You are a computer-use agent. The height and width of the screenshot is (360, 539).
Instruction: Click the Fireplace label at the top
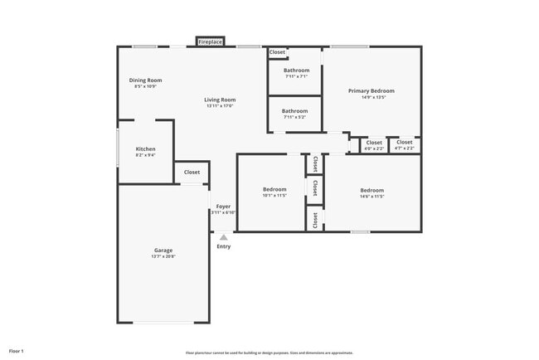click(210, 41)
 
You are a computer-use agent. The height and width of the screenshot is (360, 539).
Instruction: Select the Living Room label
click(221, 100)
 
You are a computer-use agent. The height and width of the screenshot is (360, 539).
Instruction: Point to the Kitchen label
click(145, 149)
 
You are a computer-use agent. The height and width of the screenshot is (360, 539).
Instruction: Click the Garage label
click(163, 251)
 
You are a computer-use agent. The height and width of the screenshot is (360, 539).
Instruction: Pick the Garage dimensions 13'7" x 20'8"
click(163, 256)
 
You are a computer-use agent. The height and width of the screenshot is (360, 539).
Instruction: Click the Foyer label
click(224, 207)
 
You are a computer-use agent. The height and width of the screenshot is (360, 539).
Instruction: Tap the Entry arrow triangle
click(223, 237)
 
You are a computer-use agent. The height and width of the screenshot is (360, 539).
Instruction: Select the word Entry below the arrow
click(224, 246)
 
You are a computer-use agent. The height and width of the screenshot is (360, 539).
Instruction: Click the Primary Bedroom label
click(371, 90)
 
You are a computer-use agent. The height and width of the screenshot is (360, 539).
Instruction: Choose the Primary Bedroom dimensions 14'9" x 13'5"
click(371, 97)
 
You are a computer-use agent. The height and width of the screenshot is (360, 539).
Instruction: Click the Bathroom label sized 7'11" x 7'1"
click(296, 71)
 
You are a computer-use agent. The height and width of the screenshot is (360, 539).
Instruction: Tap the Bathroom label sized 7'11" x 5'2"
click(294, 111)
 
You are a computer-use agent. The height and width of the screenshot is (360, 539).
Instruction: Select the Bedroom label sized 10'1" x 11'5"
click(274, 189)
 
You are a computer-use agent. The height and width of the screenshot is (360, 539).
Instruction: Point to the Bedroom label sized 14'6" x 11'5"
click(371, 190)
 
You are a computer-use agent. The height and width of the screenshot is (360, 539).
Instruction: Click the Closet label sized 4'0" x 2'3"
click(375, 143)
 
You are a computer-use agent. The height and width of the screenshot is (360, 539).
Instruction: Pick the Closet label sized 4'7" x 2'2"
click(404, 143)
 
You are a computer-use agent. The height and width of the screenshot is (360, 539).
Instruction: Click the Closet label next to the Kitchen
click(192, 173)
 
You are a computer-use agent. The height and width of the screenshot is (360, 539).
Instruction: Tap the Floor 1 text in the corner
click(17, 351)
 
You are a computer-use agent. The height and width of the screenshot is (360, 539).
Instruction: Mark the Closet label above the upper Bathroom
click(277, 52)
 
